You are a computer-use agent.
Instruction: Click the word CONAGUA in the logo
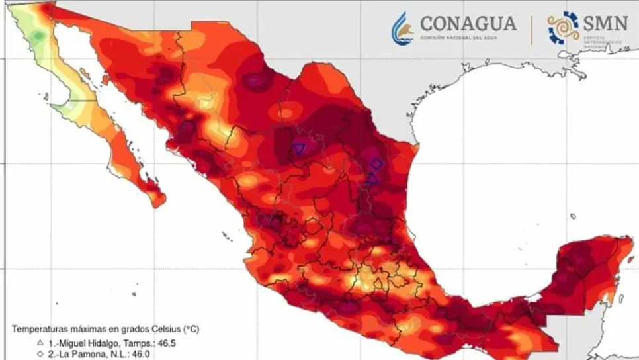[x=468, y=24]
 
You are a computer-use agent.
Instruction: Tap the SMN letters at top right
[x=605, y=24]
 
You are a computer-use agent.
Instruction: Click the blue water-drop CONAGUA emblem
[x=402, y=28]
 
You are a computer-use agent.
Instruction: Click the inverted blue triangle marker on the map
[x=300, y=149]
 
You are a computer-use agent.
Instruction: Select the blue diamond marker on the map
[x=376, y=163]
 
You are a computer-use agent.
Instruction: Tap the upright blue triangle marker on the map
[x=372, y=177]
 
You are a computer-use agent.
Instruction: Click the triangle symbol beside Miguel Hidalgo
[x=40, y=343]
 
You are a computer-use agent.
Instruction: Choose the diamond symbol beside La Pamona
[x=40, y=355]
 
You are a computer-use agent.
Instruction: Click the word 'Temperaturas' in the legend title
[x=42, y=329]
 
